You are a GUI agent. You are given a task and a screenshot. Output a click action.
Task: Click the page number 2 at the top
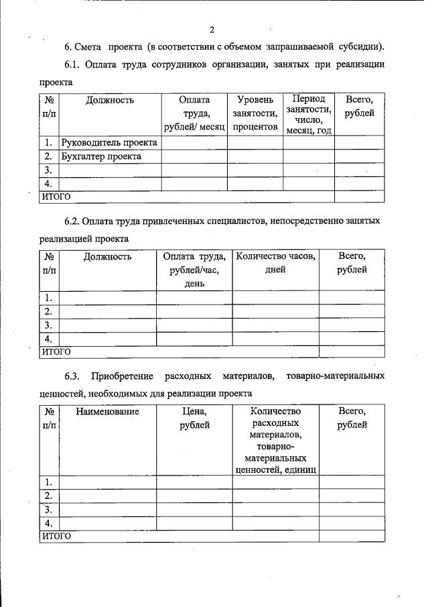[212, 30]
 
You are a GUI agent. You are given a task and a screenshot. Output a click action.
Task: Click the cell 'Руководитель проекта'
[109, 143]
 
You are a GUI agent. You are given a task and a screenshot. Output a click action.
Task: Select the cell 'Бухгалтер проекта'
[101, 156]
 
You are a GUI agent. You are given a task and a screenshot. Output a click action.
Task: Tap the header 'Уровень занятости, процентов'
[255, 113]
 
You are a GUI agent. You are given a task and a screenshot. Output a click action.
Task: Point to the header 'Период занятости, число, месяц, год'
[309, 114]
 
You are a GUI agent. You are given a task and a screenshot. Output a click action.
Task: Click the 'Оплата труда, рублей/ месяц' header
[194, 113]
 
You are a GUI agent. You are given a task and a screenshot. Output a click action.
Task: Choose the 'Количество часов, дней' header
[275, 263]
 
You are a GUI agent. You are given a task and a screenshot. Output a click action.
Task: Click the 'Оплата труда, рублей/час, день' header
[194, 270]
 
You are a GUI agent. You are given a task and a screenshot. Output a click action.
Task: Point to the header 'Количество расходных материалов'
[275, 440]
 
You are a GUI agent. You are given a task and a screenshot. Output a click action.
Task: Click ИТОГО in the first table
[56, 197]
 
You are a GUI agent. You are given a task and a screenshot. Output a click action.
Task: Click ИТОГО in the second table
[56, 351]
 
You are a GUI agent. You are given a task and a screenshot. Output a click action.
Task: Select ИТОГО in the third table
[56, 536]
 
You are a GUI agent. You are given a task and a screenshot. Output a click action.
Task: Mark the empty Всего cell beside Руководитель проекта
[359, 143]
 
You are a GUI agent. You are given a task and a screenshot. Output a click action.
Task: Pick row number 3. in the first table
[48, 170]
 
